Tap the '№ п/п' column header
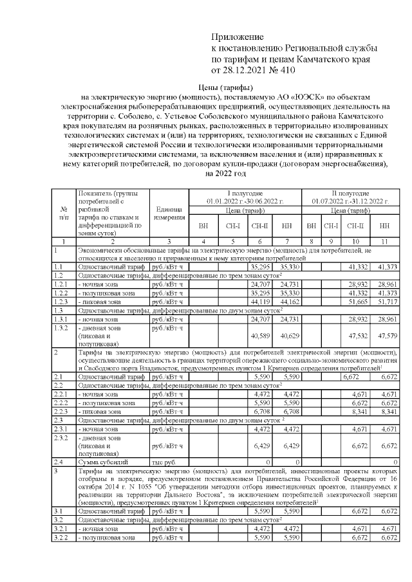click(x=64, y=214)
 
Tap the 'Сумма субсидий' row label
click(x=98, y=462)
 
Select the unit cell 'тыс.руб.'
click(x=164, y=462)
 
